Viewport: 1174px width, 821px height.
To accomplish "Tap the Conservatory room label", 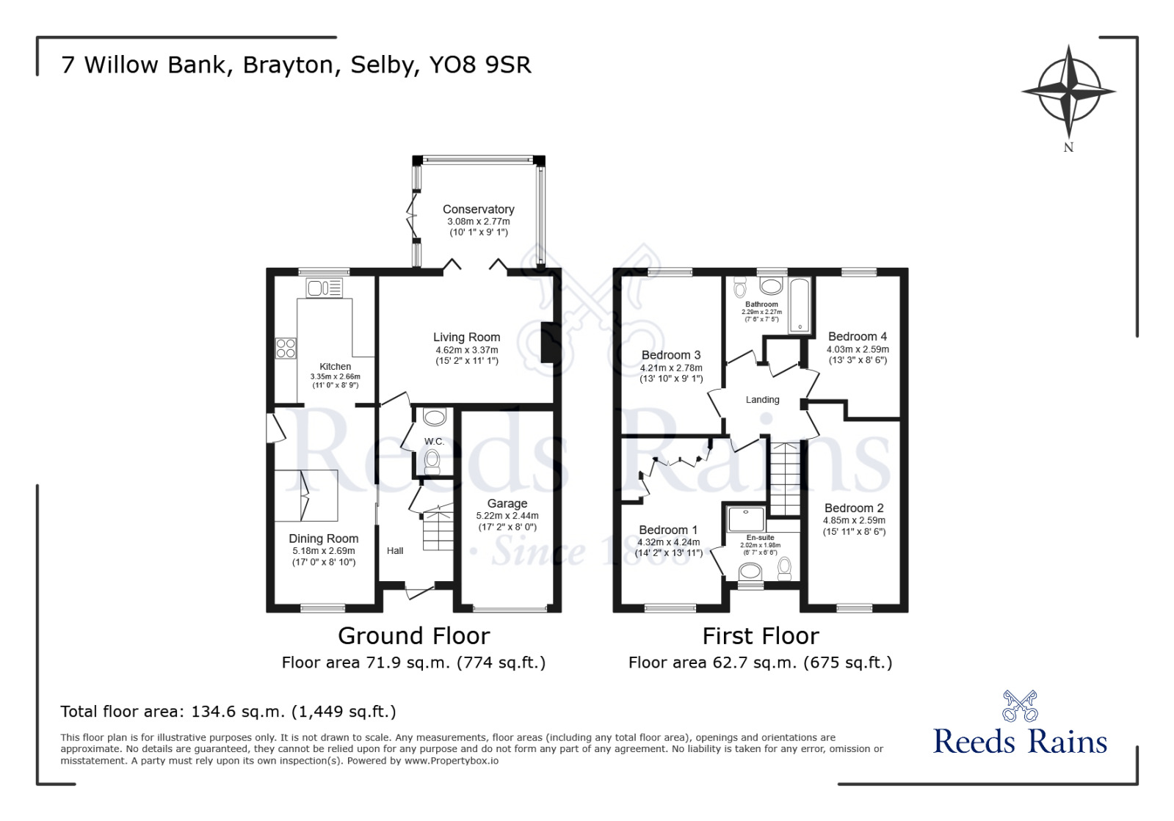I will click(478, 209).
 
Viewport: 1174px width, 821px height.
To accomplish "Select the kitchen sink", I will click(325, 288).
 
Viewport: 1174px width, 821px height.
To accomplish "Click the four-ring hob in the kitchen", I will click(286, 348).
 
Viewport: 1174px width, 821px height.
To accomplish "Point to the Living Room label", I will click(466, 337).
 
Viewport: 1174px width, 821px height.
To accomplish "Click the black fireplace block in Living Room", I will click(548, 343).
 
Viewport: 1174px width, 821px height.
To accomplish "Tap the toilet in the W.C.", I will click(432, 461).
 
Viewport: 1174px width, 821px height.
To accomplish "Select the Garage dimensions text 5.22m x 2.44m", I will click(507, 516).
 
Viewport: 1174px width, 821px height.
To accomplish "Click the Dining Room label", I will click(323, 539).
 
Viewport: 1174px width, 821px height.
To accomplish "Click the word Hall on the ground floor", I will click(395, 551).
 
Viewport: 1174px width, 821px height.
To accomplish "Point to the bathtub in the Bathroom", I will click(799, 305).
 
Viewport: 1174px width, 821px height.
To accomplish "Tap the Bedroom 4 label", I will click(857, 337).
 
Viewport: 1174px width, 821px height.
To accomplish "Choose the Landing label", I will click(762, 400).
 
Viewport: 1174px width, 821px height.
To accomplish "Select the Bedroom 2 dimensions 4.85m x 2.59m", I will click(854, 520).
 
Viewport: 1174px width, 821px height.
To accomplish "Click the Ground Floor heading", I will click(413, 635).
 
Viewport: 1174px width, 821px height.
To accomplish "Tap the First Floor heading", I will click(760, 635).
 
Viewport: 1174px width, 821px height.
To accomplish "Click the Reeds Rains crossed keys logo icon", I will click(1020, 706).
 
